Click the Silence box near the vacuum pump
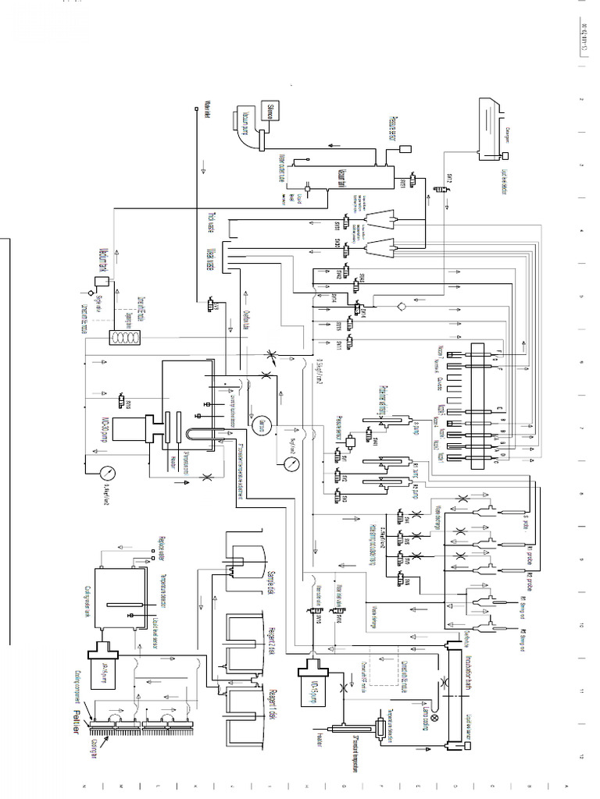(275, 111)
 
